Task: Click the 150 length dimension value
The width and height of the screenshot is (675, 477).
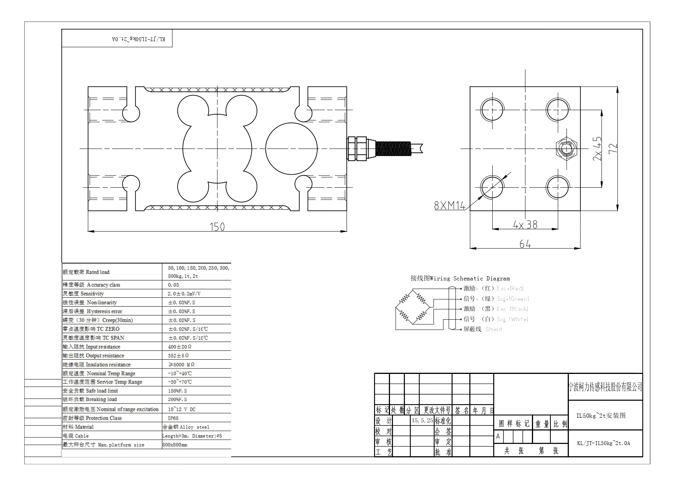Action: tap(217, 227)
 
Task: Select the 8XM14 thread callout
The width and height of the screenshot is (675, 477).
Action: tap(449, 206)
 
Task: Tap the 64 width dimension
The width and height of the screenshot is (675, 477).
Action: tap(525, 244)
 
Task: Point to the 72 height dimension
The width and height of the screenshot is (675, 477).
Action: tap(613, 148)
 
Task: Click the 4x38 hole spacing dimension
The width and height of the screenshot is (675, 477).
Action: tap(525, 224)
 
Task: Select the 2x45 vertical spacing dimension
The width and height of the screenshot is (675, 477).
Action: tap(597, 148)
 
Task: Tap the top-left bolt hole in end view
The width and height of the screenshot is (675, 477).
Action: tap(492, 109)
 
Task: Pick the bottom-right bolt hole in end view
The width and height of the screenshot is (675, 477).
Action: tap(558, 187)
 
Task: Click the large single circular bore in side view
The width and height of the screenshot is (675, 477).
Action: tap(292, 148)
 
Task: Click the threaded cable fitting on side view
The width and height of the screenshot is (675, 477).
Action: tap(390, 148)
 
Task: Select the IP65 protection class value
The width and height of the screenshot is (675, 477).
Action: tap(173, 418)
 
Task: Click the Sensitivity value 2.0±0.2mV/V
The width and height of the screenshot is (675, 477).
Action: tap(184, 294)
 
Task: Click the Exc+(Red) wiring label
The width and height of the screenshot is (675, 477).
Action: tap(510, 289)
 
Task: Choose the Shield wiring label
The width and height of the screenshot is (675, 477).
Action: tap(493, 329)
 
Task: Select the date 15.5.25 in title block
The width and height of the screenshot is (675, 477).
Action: tap(422, 420)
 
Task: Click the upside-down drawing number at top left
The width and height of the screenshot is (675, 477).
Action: tap(138, 39)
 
